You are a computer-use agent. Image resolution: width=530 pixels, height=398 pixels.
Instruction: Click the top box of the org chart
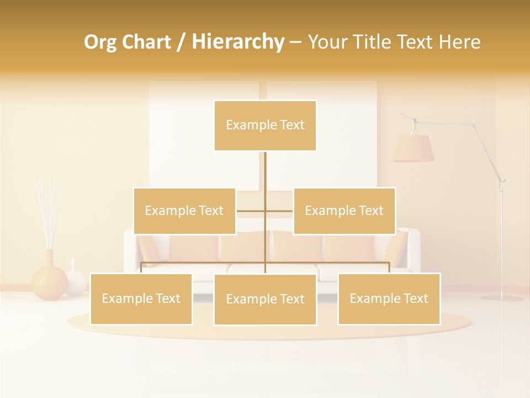click(265, 125)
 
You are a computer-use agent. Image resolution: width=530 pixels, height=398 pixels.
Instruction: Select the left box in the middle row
click(184, 211)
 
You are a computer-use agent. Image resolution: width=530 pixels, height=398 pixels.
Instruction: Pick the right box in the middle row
click(344, 211)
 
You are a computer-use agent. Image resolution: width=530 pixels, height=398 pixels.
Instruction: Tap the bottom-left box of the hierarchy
click(141, 298)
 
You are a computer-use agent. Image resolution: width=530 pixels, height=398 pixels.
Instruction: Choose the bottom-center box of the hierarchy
click(265, 299)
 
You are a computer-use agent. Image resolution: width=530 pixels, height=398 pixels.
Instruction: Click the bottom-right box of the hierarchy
click(389, 298)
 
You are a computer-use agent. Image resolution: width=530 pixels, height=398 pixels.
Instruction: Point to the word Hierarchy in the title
click(238, 42)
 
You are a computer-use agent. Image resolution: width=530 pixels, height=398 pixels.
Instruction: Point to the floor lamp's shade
click(414, 148)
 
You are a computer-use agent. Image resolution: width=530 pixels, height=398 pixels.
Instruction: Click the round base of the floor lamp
click(501, 298)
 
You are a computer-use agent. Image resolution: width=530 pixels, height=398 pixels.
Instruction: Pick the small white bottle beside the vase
click(75, 280)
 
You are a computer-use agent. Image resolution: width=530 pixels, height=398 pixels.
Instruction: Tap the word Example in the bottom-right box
click(371, 298)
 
